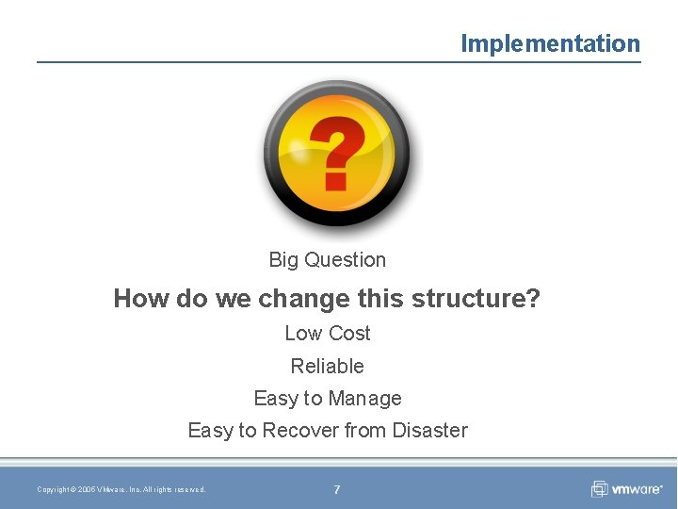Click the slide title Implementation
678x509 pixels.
point(550,43)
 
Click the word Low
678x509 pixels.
point(302,334)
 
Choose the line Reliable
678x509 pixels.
point(327,367)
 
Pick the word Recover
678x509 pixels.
point(300,431)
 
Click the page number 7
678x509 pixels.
point(337,489)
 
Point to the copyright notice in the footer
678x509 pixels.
point(121,489)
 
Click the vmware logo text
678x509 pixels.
point(638,489)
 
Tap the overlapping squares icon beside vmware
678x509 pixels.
point(600,489)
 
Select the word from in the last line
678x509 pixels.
point(365,431)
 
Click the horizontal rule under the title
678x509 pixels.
point(338,62)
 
